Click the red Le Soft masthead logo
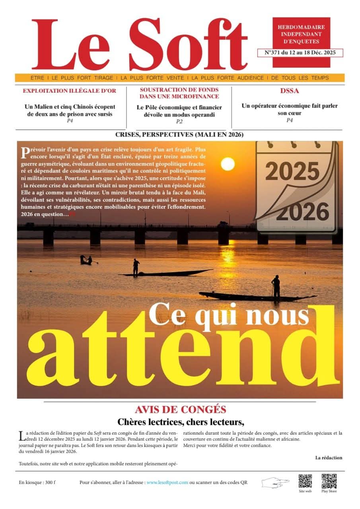pyautogui.click(x=139, y=45)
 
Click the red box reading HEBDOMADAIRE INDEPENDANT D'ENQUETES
pyautogui.click(x=301, y=34)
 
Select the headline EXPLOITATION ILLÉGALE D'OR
pyautogui.click(x=70, y=91)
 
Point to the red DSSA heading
pyautogui.click(x=289, y=91)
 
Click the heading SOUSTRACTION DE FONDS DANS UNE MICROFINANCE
pyautogui.click(x=179, y=93)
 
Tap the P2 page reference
pyautogui.click(x=179, y=122)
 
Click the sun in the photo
pyautogui.click(x=228, y=163)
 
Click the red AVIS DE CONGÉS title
pyautogui.click(x=180, y=409)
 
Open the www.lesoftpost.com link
pyautogui.click(x=167, y=482)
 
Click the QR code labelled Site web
pyautogui.click(x=305, y=481)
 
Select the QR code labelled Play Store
pyautogui.click(x=329, y=481)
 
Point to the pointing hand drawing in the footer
pyautogui.click(x=275, y=482)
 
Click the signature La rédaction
pyautogui.click(x=329, y=458)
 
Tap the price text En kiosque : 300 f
pyautogui.click(x=37, y=482)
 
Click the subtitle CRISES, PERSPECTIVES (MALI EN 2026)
pyautogui.click(x=179, y=135)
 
